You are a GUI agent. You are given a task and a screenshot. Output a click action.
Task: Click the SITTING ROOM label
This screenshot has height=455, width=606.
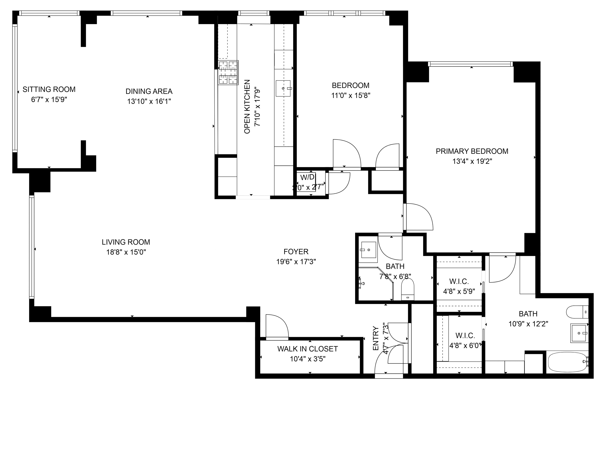(x=49, y=89)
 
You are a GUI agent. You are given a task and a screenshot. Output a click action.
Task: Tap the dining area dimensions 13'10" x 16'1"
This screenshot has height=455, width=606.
(x=149, y=101)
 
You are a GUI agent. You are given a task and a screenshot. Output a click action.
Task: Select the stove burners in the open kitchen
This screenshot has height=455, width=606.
(x=228, y=73)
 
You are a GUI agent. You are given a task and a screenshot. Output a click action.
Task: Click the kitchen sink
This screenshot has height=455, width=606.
(x=283, y=88)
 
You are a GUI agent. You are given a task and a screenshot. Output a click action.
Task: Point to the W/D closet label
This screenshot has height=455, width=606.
(x=307, y=177)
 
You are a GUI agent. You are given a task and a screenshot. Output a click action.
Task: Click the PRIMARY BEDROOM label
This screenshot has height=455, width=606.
(x=472, y=151)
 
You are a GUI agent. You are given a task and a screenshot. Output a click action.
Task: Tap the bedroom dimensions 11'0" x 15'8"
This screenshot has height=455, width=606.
(x=350, y=96)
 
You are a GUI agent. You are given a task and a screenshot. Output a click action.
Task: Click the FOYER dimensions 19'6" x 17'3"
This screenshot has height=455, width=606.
(x=296, y=262)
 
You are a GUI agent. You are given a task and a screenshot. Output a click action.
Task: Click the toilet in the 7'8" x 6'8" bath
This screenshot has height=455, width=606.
(x=408, y=289)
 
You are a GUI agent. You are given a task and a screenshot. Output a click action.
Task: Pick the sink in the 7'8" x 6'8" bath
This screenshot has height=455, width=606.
(x=369, y=250)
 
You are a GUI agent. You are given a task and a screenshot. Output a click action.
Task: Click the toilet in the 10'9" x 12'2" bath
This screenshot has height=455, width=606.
(x=577, y=312)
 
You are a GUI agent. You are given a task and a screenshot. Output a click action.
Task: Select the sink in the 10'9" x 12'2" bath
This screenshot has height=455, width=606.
(x=579, y=333)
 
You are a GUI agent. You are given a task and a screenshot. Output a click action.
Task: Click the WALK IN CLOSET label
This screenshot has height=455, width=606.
(x=307, y=349)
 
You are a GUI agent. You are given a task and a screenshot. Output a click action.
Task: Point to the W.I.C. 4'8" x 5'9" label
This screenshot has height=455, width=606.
(x=459, y=281)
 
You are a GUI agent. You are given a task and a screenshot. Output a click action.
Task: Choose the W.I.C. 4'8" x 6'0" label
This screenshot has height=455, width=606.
(x=465, y=335)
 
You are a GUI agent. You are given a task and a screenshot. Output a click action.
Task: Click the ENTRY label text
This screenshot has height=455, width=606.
(x=376, y=338)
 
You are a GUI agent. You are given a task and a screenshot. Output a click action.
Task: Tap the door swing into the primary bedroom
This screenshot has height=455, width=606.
(x=419, y=217)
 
